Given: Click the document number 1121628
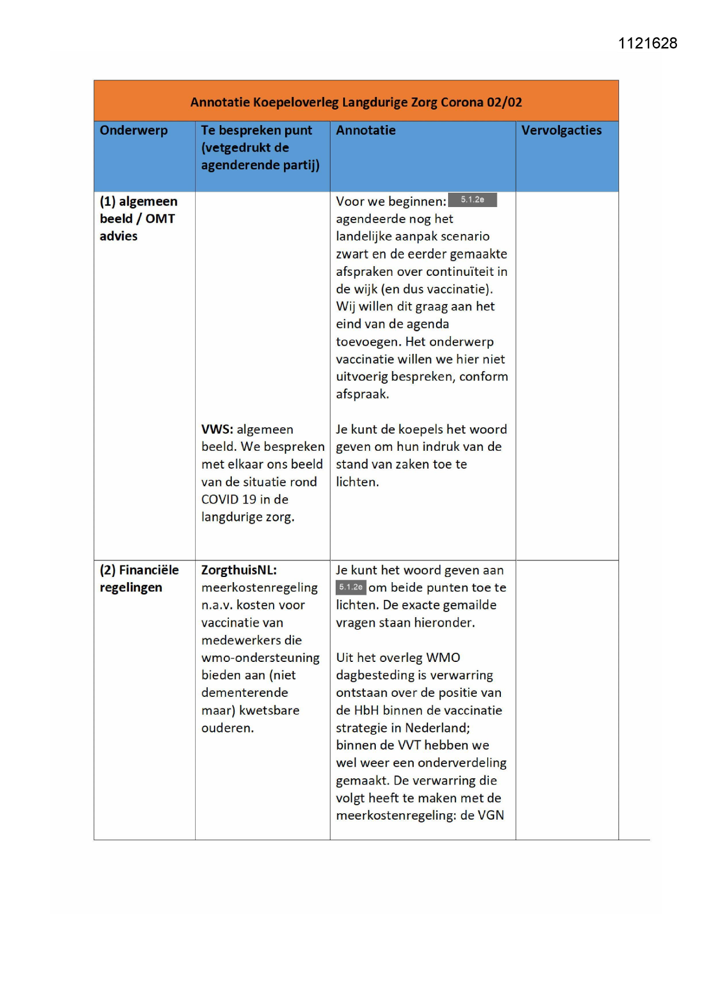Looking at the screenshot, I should [647, 44].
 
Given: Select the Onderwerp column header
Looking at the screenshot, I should [134, 130].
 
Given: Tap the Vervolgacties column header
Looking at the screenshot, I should [561, 130].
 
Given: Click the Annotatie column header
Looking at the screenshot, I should [365, 130].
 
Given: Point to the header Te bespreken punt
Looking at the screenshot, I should [256, 130].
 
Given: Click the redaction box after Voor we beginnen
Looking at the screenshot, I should [472, 200].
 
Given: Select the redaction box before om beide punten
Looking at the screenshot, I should [350, 587].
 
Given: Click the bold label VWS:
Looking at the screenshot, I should [217, 430].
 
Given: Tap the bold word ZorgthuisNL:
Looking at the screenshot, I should [239, 570].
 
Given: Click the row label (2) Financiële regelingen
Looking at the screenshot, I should [139, 578].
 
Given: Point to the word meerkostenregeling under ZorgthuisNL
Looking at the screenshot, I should [259, 588].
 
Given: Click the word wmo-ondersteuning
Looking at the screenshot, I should [260, 658].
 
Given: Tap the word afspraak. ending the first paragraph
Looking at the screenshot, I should [362, 395].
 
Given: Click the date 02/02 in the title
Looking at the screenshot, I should [504, 102].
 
